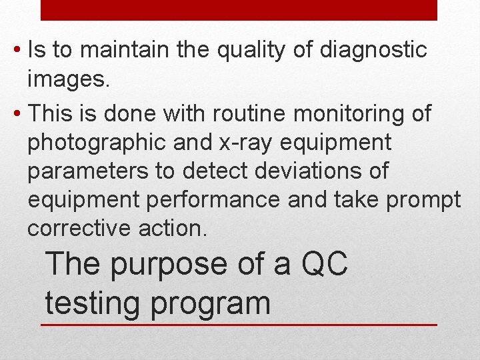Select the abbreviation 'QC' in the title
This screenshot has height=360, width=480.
tap(325, 265)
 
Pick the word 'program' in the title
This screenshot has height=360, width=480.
tap(211, 303)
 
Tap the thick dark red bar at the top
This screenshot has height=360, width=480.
tap(239, 10)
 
